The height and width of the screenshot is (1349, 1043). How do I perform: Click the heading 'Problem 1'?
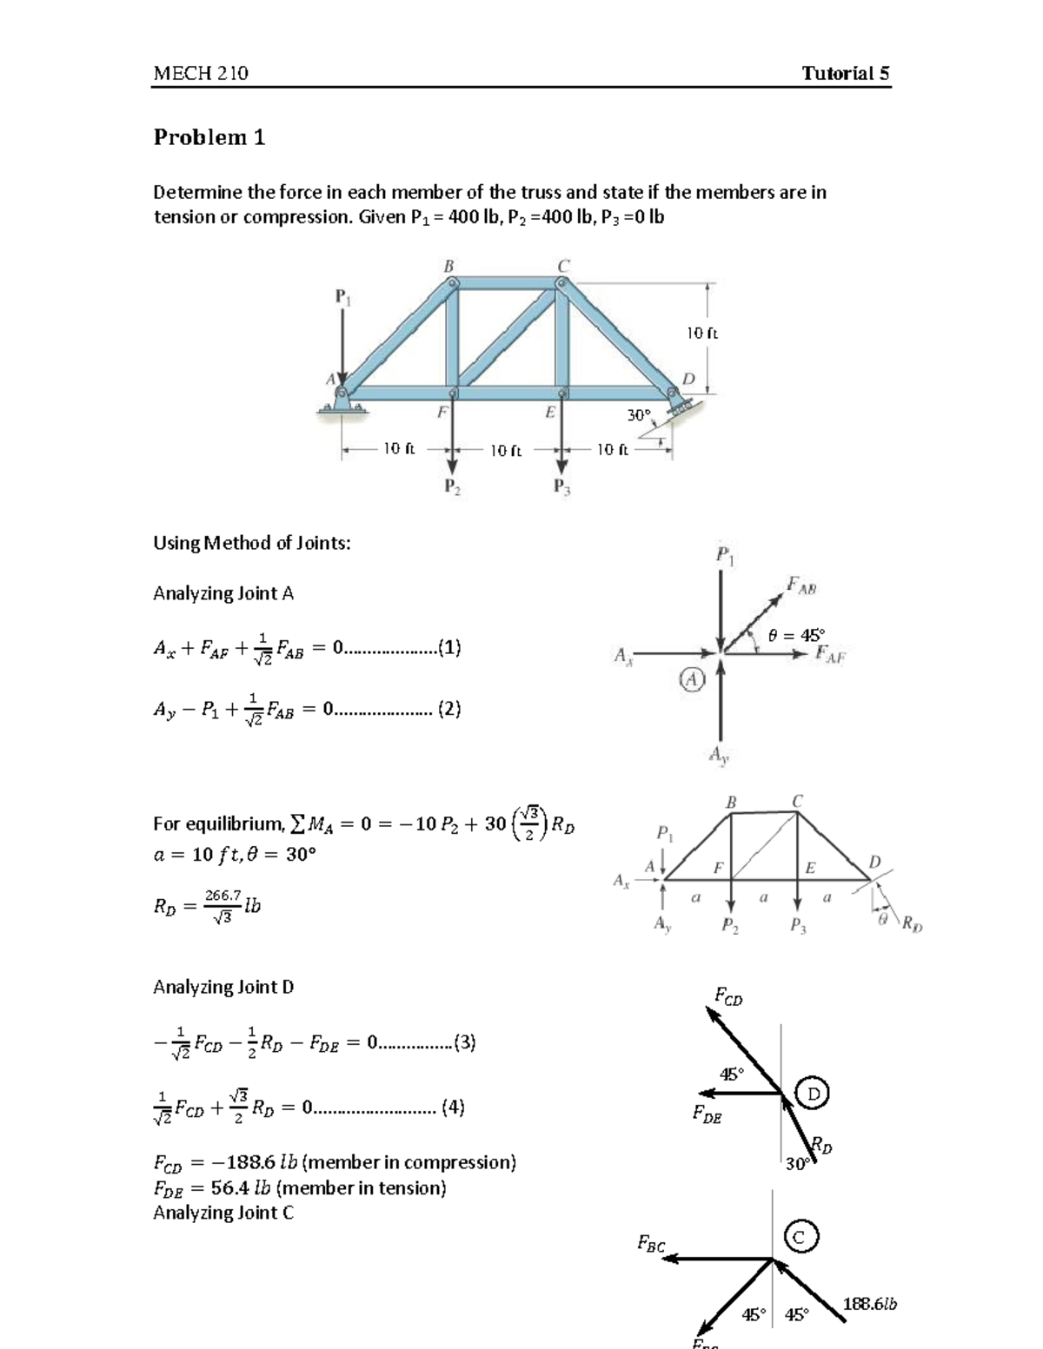[209, 137]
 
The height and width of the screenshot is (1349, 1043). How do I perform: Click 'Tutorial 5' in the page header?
[845, 73]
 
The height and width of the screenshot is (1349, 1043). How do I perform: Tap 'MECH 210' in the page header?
[201, 73]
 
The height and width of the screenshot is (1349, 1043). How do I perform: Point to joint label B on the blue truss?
[449, 266]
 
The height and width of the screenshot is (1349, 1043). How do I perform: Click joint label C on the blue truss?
[563, 265]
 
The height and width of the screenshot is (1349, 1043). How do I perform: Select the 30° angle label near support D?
[639, 415]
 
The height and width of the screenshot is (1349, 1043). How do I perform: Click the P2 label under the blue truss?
[452, 487]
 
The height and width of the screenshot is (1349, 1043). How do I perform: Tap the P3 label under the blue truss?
[562, 487]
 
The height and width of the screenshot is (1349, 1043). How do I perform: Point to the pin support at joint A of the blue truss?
[341, 401]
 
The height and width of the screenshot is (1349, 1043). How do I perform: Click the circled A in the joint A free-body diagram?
[690, 680]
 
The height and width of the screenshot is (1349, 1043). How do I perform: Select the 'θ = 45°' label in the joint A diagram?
[796, 635]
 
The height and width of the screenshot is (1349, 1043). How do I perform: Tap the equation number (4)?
[453, 1107]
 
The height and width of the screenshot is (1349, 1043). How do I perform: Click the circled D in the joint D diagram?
[814, 1093]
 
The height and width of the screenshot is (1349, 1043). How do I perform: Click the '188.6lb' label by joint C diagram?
[870, 1304]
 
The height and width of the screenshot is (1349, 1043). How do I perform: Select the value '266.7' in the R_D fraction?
[222, 895]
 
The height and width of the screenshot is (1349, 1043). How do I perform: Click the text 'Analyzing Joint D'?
[223, 987]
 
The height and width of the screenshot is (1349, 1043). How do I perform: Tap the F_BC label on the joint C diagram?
[651, 1244]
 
